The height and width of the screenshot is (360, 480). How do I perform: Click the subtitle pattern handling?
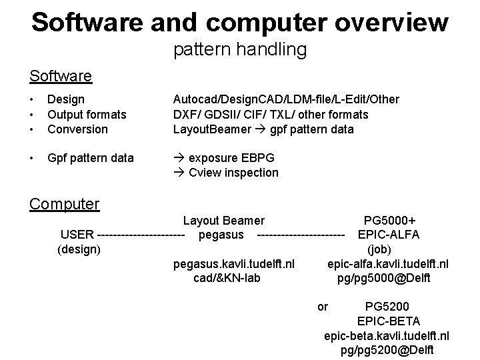click(x=240, y=49)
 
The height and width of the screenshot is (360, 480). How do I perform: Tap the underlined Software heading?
click(x=61, y=76)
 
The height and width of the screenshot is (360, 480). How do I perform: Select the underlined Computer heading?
click(x=64, y=203)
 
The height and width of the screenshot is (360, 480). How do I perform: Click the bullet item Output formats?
click(x=87, y=115)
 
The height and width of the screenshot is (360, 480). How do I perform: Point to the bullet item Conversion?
click(x=77, y=129)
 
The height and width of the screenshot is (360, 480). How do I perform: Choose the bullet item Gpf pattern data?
click(x=91, y=158)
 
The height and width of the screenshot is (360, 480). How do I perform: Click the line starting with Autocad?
click(x=285, y=99)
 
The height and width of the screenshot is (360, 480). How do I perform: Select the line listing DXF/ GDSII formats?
click(x=270, y=115)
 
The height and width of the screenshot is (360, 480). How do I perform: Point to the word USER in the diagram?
click(x=77, y=235)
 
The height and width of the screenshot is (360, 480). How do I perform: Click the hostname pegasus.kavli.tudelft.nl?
click(x=234, y=264)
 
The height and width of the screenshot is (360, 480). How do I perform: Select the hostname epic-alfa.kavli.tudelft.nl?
click(x=388, y=264)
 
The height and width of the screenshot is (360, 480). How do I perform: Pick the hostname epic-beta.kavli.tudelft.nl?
click(x=386, y=335)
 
